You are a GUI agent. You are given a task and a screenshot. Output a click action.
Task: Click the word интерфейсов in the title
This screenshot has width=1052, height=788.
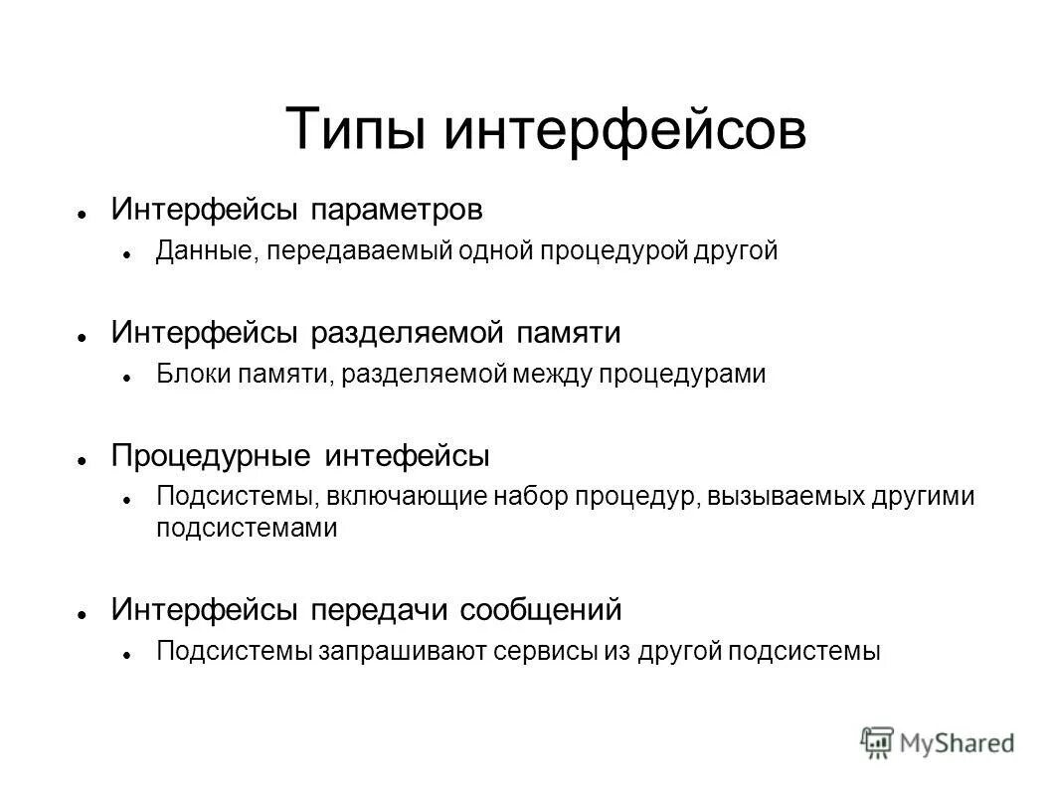point(623,130)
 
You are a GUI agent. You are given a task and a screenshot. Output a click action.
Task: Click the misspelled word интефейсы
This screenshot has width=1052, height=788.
point(407,456)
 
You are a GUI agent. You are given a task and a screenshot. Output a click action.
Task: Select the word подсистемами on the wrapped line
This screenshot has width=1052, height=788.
point(247,528)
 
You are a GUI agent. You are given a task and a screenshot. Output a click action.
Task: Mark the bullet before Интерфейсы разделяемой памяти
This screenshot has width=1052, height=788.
point(86,335)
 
